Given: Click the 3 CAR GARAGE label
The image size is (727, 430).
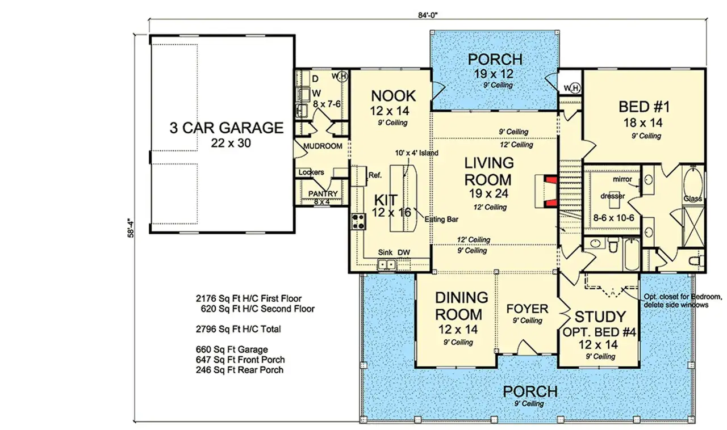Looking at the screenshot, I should pos(226,128).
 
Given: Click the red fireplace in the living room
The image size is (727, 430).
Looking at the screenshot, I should pos(548,189).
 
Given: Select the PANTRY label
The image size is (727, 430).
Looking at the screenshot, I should pos(323,193).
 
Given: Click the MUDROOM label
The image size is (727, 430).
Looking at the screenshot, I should pos(323,146).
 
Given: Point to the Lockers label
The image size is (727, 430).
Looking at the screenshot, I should pos(311,172).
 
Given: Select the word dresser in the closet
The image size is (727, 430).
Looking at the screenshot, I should pos(612,196).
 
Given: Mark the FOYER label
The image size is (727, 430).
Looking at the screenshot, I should pos(527,309).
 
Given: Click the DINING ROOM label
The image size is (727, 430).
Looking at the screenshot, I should pos(462,306).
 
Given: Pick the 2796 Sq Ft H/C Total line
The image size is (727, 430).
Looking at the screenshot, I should pos(239,328).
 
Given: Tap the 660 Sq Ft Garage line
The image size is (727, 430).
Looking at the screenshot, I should pos(231,349).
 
